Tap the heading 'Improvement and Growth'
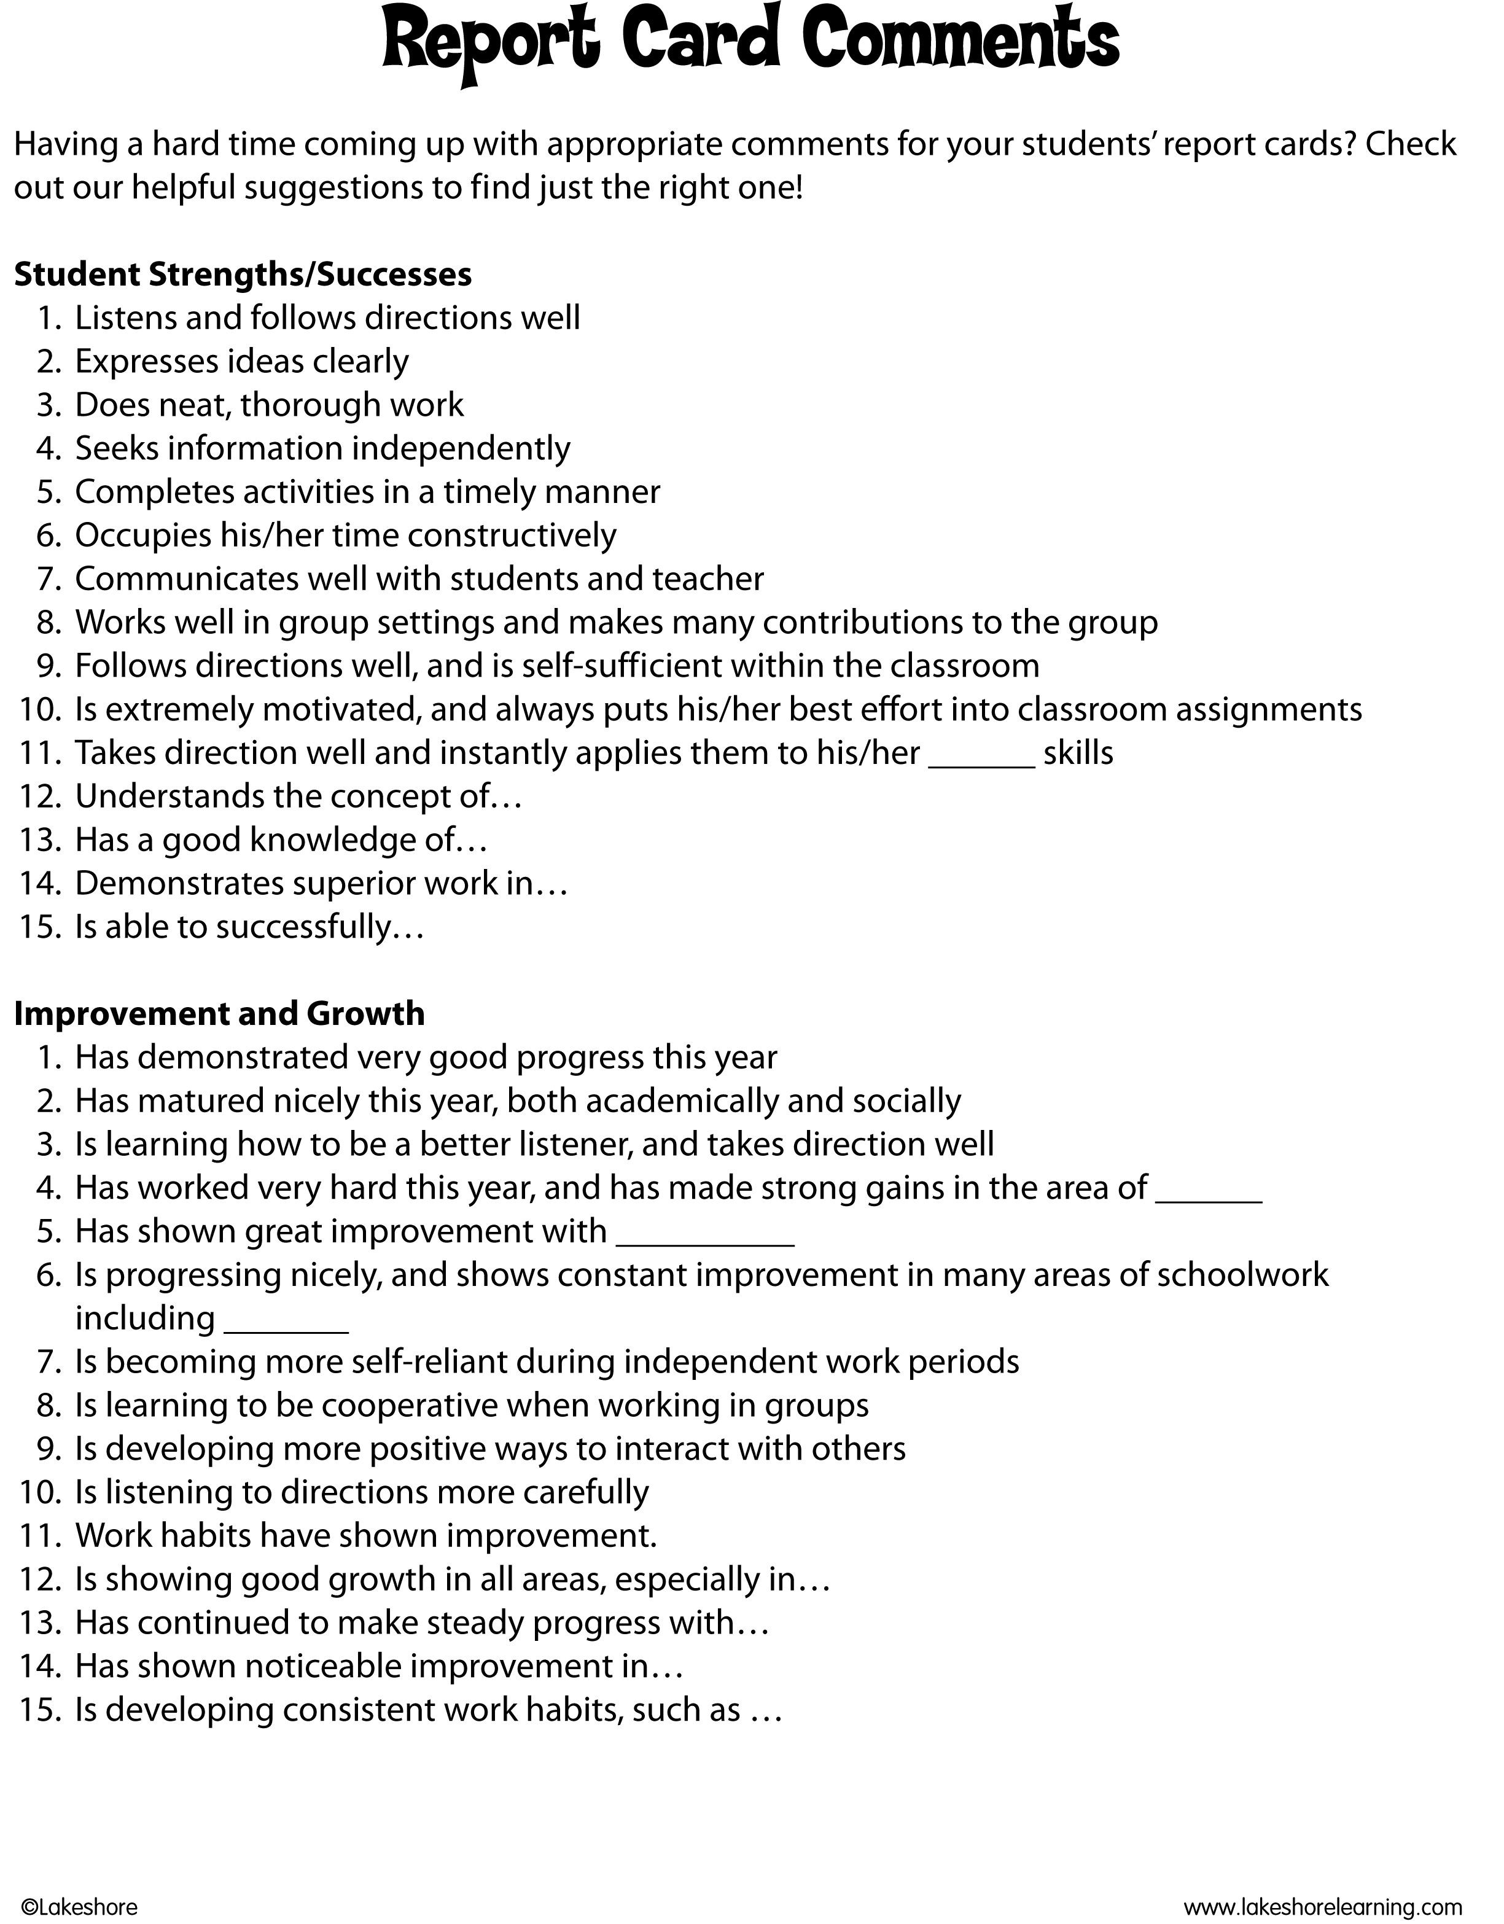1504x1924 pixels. [x=219, y=1013]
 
